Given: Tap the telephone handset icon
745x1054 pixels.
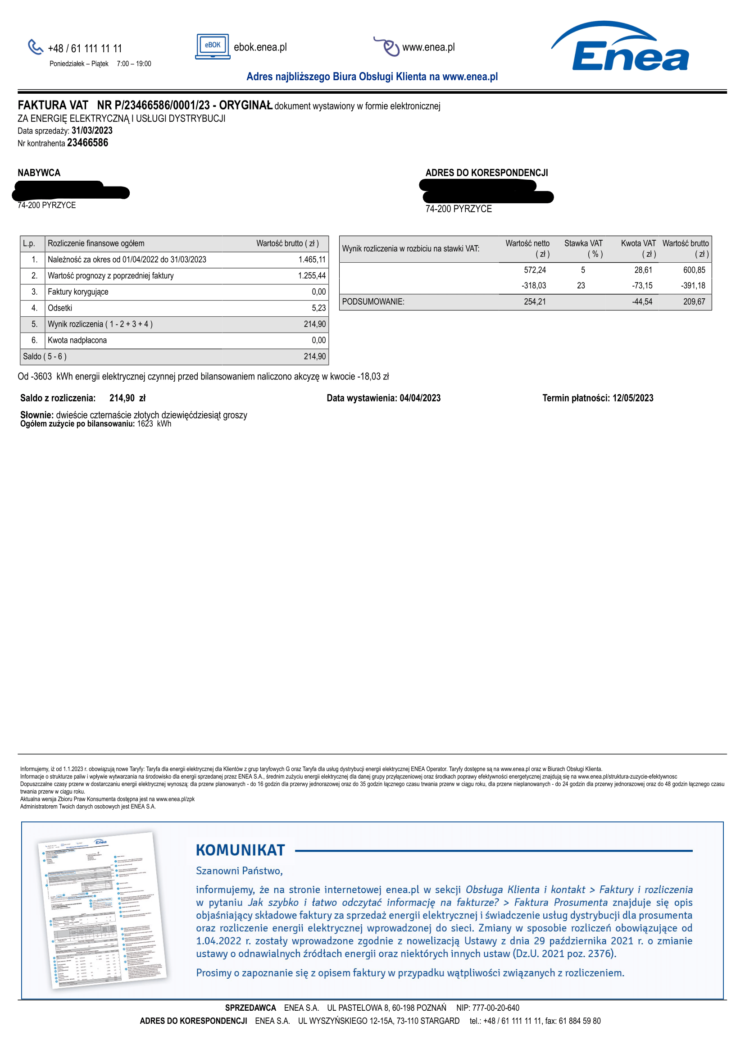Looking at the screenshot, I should pyautogui.click(x=35, y=47).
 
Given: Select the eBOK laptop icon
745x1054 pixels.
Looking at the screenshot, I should pyautogui.click(x=213, y=46).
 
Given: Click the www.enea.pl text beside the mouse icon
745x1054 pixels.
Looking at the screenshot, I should pyautogui.click(x=428, y=47).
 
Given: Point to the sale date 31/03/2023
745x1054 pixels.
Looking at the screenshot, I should pyautogui.click(x=92, y=131).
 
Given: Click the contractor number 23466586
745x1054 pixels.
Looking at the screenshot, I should pyautogui.click(x=88, y=143).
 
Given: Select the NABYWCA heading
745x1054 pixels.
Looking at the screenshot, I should pyautogui.click(x=39, y=173).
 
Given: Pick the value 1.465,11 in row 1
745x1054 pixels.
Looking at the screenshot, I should pyautogui.click(x=312, y=260).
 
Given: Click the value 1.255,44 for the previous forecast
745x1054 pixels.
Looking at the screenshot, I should pyautogui.click(x=312, y=276).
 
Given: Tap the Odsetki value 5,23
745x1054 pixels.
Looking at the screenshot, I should pyautogui.click(x=318, y=308).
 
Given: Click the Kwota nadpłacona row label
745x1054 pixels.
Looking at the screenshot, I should pyautogui.click(x=77, y=340).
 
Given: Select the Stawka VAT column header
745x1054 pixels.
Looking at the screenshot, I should pyautogui.click(x=583, y=243).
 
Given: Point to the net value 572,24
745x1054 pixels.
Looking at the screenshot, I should pyautogui.click(x=535, y=270).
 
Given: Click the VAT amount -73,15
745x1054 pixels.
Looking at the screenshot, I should pyautogui.click(x=642, y=286).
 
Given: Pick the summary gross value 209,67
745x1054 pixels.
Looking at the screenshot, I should pyautogui.click(x=694, y=301).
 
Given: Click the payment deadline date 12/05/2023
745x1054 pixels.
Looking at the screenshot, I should pyautogui.click(x=632, y=398).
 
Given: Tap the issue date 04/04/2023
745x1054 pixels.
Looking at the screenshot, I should pyautogui.click(x=420, y=398).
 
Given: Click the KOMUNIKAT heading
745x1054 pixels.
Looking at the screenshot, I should pyautogui.click(x=241, y=851).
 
